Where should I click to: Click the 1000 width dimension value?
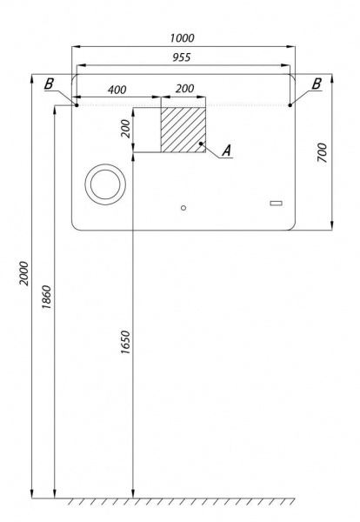tap(182, 38)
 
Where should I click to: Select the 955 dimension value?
tap(182, 57)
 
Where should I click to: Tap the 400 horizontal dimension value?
tap(117, 90)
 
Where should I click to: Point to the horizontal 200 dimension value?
tap(184, 89)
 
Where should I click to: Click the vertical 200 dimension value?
tap(126, 129)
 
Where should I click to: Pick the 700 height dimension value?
tap(322, 152)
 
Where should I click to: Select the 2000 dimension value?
tap(24, 273)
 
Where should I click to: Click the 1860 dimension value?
tap(47, 297)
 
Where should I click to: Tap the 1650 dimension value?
tap(125, 342)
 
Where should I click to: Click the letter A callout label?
tap(227, 151)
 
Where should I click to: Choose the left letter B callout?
tap(49, 84)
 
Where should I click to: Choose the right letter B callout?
tap(317, 84)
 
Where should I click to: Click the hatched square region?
tap(183, 130)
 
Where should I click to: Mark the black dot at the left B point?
tap(77, 105)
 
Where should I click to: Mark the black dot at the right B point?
tap(290, 105)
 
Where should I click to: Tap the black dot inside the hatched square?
tap(201, 144)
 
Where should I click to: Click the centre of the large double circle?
tap(105, 184)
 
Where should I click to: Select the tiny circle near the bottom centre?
tap(183, 208)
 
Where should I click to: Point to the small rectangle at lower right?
tap(276, 203)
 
